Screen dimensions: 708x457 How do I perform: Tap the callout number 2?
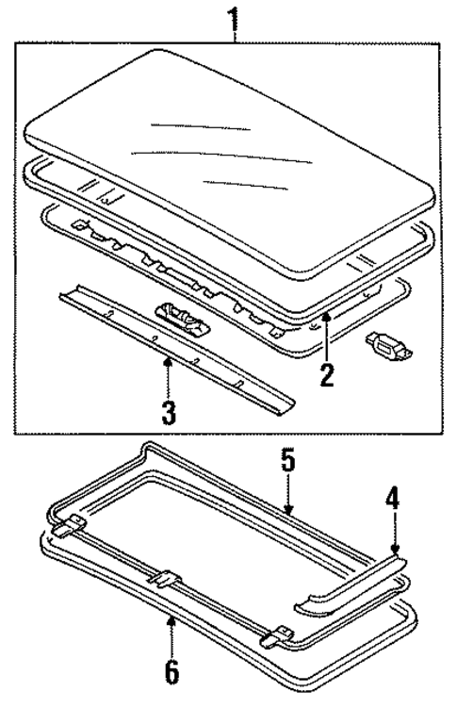[x=327, y=373]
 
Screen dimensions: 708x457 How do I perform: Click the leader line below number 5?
[x=288, y=495]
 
